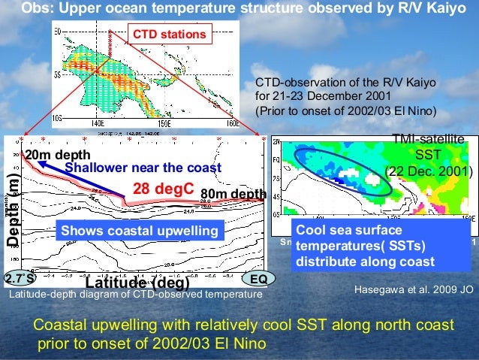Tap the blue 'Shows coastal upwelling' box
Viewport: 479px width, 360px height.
pos(138,231)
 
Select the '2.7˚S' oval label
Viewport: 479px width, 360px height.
pos(20,278)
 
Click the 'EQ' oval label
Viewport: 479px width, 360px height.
pos(258,278)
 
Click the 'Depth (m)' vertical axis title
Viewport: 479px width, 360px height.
pos(13,210)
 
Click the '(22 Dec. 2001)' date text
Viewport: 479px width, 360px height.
pos(429,171)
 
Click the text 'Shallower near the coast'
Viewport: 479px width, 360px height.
pos(143,168)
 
